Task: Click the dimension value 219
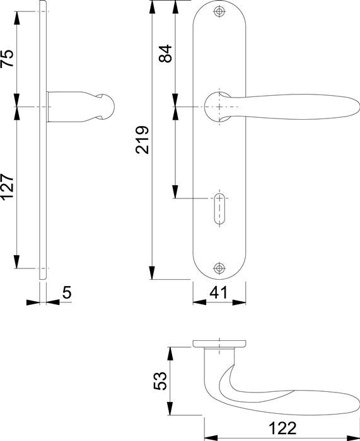(142, 140)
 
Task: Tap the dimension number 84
(165, 54)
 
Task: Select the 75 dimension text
(7, 58)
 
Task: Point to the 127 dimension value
(7, 187)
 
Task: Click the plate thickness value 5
(67, 292)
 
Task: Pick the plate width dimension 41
(218, 292)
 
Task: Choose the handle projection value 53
(160, 381)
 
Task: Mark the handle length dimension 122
(282, 428)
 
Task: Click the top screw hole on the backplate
(219, 11)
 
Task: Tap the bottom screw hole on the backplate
(219, 268)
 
